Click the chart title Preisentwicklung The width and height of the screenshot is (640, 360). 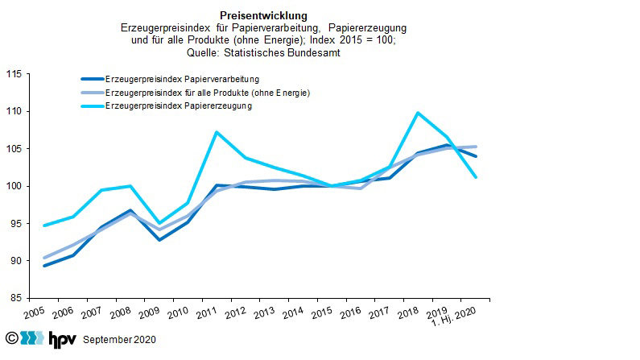[x=262, y=15]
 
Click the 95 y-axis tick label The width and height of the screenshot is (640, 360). [x=14, y=224]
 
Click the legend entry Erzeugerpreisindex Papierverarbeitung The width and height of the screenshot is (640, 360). [x=181, y=80]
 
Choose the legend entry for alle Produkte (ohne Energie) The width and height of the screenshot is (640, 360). [x=207, y=93]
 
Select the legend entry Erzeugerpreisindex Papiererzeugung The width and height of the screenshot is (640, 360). [x=178, y=106]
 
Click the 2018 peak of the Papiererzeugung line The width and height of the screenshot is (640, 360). [x=417, y=113]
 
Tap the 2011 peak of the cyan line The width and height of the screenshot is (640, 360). [x=217, y=131]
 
